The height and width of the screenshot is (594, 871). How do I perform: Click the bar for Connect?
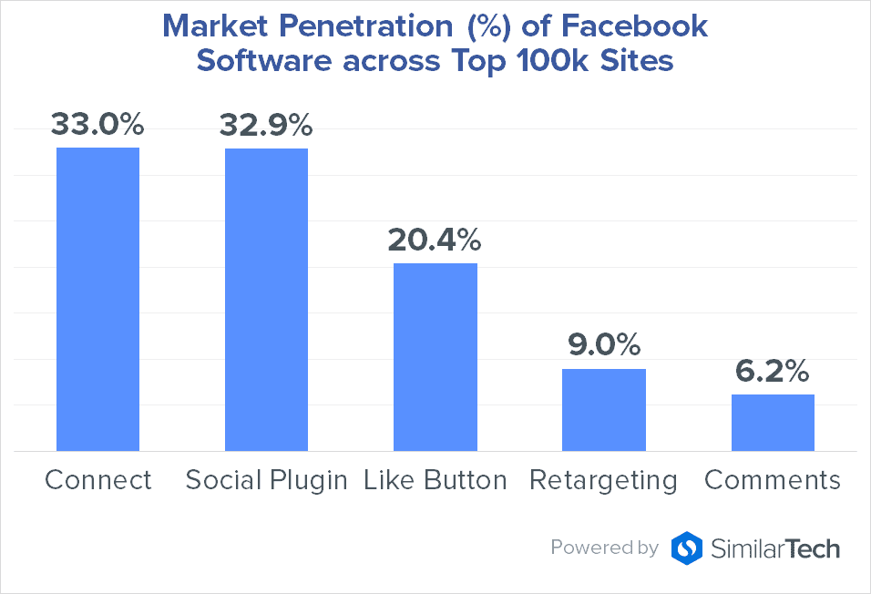pyautogui.click(x=97, y=299)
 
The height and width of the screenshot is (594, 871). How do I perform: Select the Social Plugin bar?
pyautogui.click(x=266, y=299)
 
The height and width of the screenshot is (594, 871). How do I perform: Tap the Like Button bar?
pyautogui.click(x=435, y=356)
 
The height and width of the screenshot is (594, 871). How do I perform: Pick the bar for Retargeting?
pyautogui.click(x=603, y=409)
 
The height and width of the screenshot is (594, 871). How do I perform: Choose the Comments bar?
pyautogui.click(x=772, y=422)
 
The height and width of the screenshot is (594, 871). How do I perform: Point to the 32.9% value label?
pyautogui.click(x=265, y=123)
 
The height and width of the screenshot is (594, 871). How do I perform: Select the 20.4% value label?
pyautogui.click(x=435, y=239)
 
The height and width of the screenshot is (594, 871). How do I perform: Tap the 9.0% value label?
pyautogui.click(x=603, y=344)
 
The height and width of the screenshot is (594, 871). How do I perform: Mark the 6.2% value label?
pyautogui.click(x=772, y=371)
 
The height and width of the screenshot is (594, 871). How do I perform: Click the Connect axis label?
pyautogui.click(x=98, y=480)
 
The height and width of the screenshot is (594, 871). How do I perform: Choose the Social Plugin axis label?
pyautogui.click(x=266, y=481)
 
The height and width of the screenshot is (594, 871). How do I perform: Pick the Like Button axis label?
pyautogui.click(x=435, y=480)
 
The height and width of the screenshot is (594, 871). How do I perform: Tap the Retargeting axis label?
pyautogui.click(x=603, y=481)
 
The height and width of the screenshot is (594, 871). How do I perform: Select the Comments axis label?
pyautogui.click(x=773, y=480)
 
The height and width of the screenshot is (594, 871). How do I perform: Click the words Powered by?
pyautogui.click(x=604, y=548)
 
